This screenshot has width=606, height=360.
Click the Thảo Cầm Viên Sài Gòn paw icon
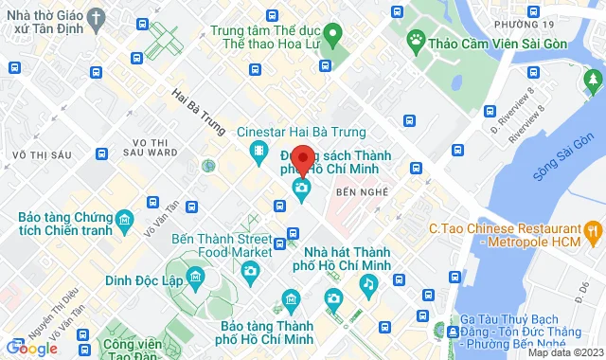415,40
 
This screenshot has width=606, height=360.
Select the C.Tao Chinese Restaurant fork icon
593,228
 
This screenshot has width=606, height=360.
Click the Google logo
30,349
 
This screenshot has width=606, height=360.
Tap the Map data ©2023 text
564,352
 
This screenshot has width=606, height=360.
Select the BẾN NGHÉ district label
363,191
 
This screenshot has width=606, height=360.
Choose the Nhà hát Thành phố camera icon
333,299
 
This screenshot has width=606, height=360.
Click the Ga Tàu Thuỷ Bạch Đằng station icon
454,332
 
